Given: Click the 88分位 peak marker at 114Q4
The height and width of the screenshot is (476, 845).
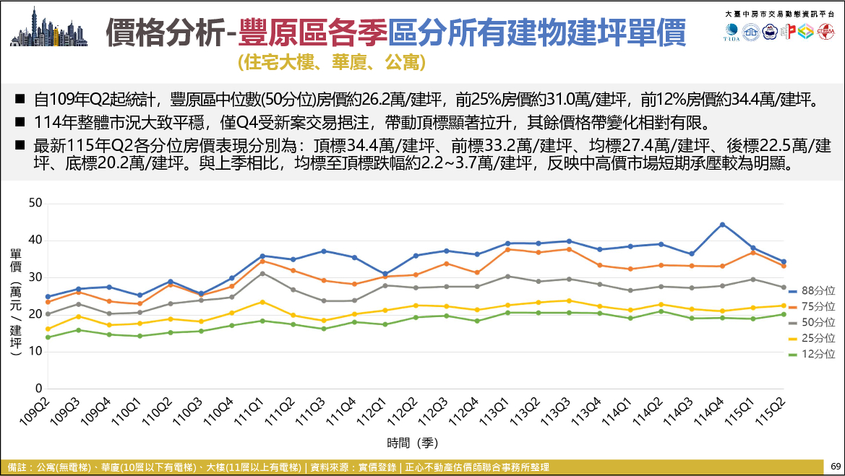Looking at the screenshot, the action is tap(722, 225).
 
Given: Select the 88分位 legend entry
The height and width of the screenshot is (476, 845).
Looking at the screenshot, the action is tap(812, 291).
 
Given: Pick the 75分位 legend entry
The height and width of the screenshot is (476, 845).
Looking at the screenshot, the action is tap(812, 306).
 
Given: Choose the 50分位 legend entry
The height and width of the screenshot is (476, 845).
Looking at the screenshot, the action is tap(812, 322).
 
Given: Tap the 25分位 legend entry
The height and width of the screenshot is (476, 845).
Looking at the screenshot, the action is tap(812, 338).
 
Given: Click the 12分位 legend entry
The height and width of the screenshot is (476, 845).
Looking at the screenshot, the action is tap(812, 354).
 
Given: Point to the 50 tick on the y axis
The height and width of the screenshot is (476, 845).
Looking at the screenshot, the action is tap(35, 203).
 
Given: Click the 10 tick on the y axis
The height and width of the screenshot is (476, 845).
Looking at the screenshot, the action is tap(35, 351).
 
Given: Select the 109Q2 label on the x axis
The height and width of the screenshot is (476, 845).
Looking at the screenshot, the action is tap(35, 412).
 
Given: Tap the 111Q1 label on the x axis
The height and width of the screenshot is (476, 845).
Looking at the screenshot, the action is tap(249, 412).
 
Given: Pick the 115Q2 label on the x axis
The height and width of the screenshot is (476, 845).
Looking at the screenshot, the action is tap(771, 412).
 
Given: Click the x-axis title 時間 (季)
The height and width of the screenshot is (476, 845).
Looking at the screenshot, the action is tap(412, 443).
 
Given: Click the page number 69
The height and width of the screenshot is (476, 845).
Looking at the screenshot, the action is tap(836, 467).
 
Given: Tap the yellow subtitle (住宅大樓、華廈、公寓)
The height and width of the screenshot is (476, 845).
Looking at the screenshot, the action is tap(332, 62).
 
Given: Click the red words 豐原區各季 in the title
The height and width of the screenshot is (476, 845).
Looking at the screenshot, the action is tap(312, 33).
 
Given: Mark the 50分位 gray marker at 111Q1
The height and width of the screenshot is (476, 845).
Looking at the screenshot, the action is tap(262, 274).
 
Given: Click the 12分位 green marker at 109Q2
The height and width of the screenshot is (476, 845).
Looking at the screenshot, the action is tap(48, 337).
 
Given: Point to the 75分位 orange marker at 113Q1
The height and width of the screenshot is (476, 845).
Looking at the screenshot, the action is tap(507, 249).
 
